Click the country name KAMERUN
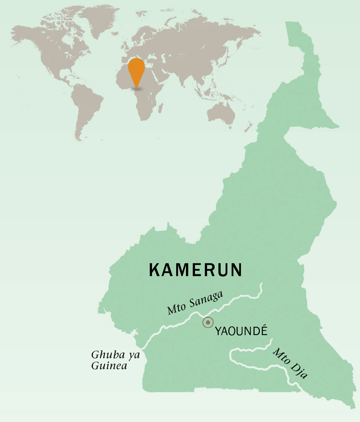196,270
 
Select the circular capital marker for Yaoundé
208,322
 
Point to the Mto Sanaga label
195,303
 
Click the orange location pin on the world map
136,69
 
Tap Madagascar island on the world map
161,107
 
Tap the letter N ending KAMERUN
236,270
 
